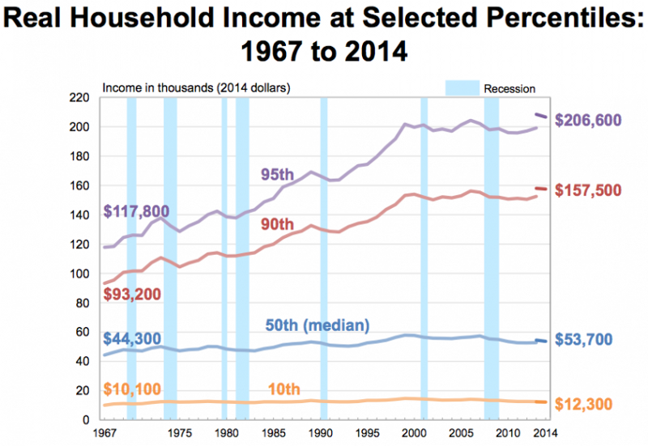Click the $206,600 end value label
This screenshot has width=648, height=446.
pos(595,121)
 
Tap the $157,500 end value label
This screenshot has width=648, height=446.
pos(595,190)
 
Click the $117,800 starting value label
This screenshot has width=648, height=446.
pos(136,211)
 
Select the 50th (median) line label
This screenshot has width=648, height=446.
pos(318,325)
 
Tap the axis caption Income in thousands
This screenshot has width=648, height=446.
pos(154,88)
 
